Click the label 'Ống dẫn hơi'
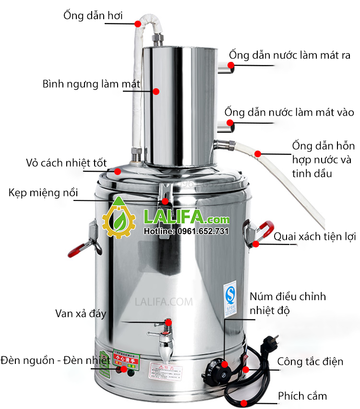click(x=93, y=15)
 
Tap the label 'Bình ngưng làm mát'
click(x=91, y=84)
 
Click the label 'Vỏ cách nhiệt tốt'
click(x=66, y=163)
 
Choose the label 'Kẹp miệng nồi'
click(x=43, y=193)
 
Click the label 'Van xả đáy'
click(x=80, y=314)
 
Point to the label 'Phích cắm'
click(x=302, y=396)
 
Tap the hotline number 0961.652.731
click(x=186, y=231)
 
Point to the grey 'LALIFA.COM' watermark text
click(x=164, y=302)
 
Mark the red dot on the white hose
click(x=258, y=153)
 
